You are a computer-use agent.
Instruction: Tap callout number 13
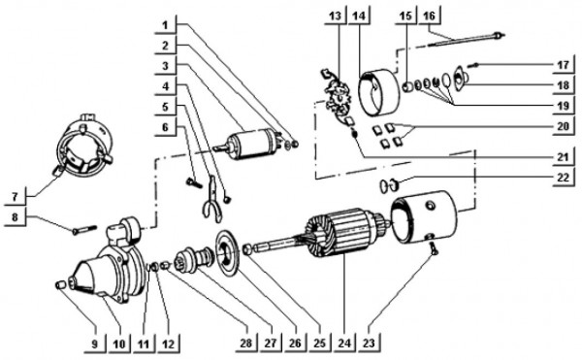pyautogui.click(x=335, y=16)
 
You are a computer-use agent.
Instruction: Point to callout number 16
pyautogui.click(x=430, y=16)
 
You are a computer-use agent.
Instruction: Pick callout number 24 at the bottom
pyautogui.click(x=343, y=341)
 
